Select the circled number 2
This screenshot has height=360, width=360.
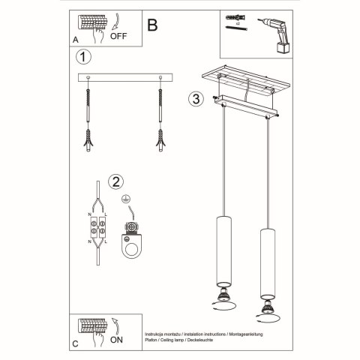point(116,181)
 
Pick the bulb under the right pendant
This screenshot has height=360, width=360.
point(265,309)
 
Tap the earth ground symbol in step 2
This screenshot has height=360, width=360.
point(126,201)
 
